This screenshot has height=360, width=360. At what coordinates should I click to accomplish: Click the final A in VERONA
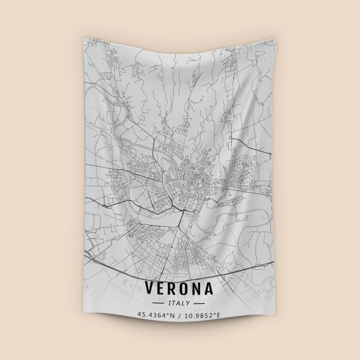click(208, 289)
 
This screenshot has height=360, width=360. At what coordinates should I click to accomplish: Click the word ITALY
click(179, 303)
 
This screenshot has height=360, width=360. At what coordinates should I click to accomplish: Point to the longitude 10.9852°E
click(201, 315)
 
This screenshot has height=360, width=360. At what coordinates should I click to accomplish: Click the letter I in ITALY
click(170, 303)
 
